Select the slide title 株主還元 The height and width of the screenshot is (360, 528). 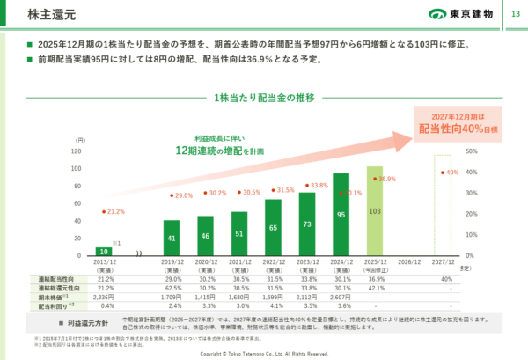34,15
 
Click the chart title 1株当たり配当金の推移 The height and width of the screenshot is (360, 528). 263,98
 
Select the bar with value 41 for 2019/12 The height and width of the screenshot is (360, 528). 172,238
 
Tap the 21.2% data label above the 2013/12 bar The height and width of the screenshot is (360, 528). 114,211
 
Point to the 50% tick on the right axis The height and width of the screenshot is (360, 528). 471,151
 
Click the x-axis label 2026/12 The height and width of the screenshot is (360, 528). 409,262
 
